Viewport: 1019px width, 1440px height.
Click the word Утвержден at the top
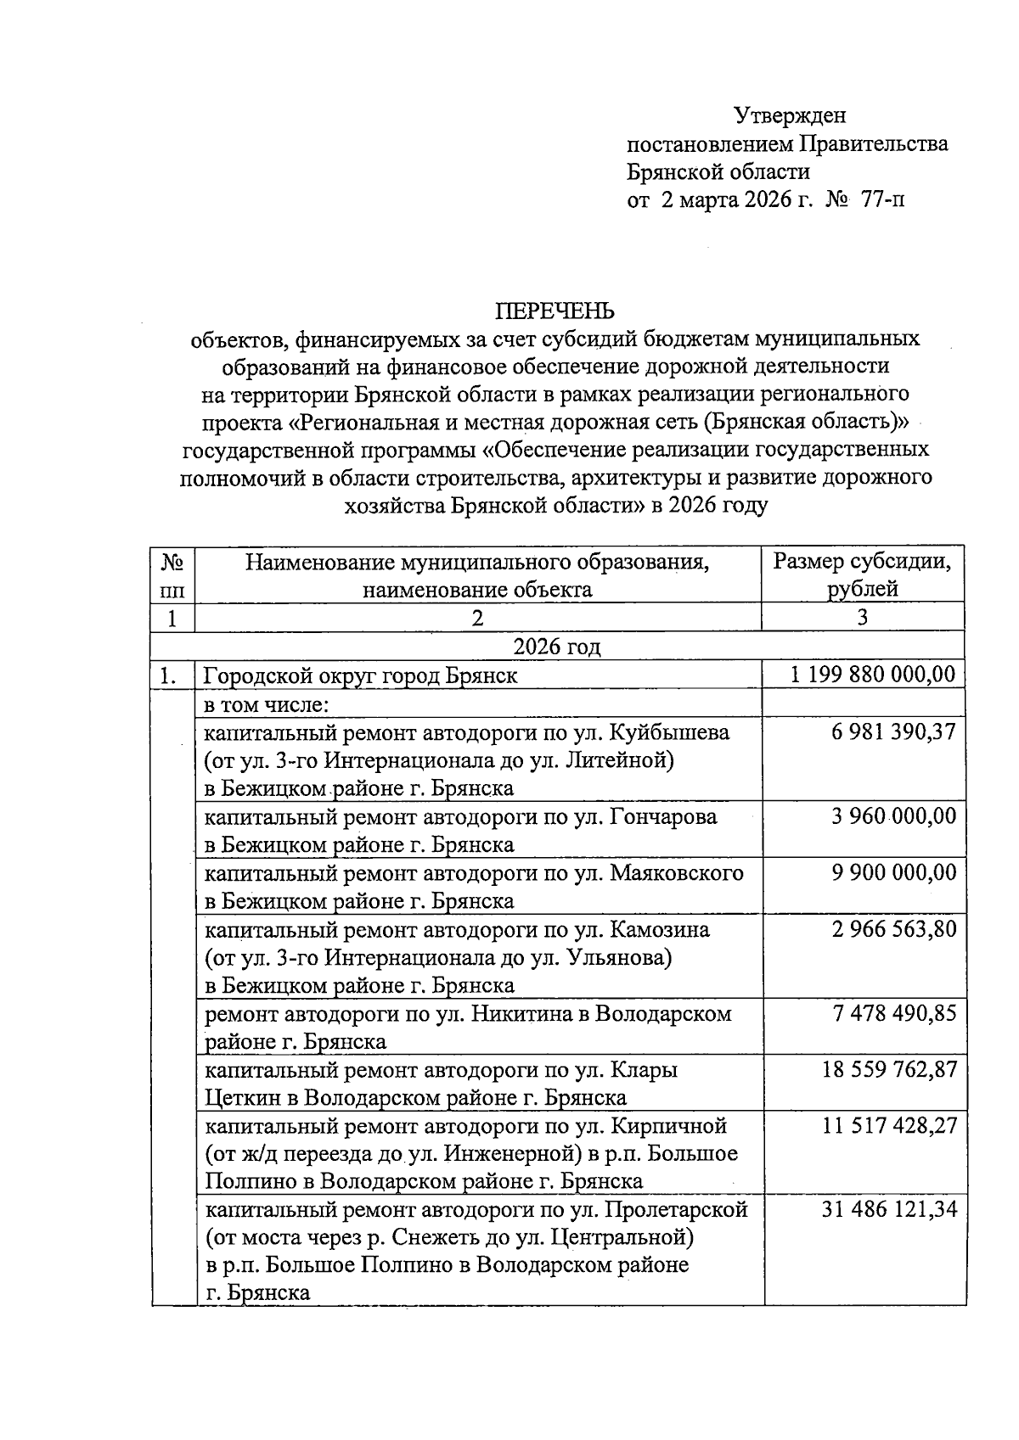coord(790,115)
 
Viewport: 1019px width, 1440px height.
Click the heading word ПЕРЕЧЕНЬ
coord(555,311)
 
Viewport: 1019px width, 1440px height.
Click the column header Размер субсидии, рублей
coord(862,574)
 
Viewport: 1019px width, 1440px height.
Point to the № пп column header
coord(172,574)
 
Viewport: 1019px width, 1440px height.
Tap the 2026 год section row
coord(557,647)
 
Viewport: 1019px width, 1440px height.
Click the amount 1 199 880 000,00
coord(872,675)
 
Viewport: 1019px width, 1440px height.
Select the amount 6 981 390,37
coord(893,731)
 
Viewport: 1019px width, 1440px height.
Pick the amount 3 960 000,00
coord(893,816)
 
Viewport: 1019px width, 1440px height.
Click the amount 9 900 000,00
coord(893,872)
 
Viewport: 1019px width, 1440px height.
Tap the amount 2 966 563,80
coord(893,929)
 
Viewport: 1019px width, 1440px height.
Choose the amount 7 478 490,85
coord(893,1013)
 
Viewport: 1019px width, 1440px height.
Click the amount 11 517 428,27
coord(888,1126)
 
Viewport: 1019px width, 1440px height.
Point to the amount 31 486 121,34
coord(888,1210)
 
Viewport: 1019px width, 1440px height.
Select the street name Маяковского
coord(677,872)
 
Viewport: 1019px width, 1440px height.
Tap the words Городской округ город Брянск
coord(360,676)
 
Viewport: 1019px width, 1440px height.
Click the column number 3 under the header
coord(862,618)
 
